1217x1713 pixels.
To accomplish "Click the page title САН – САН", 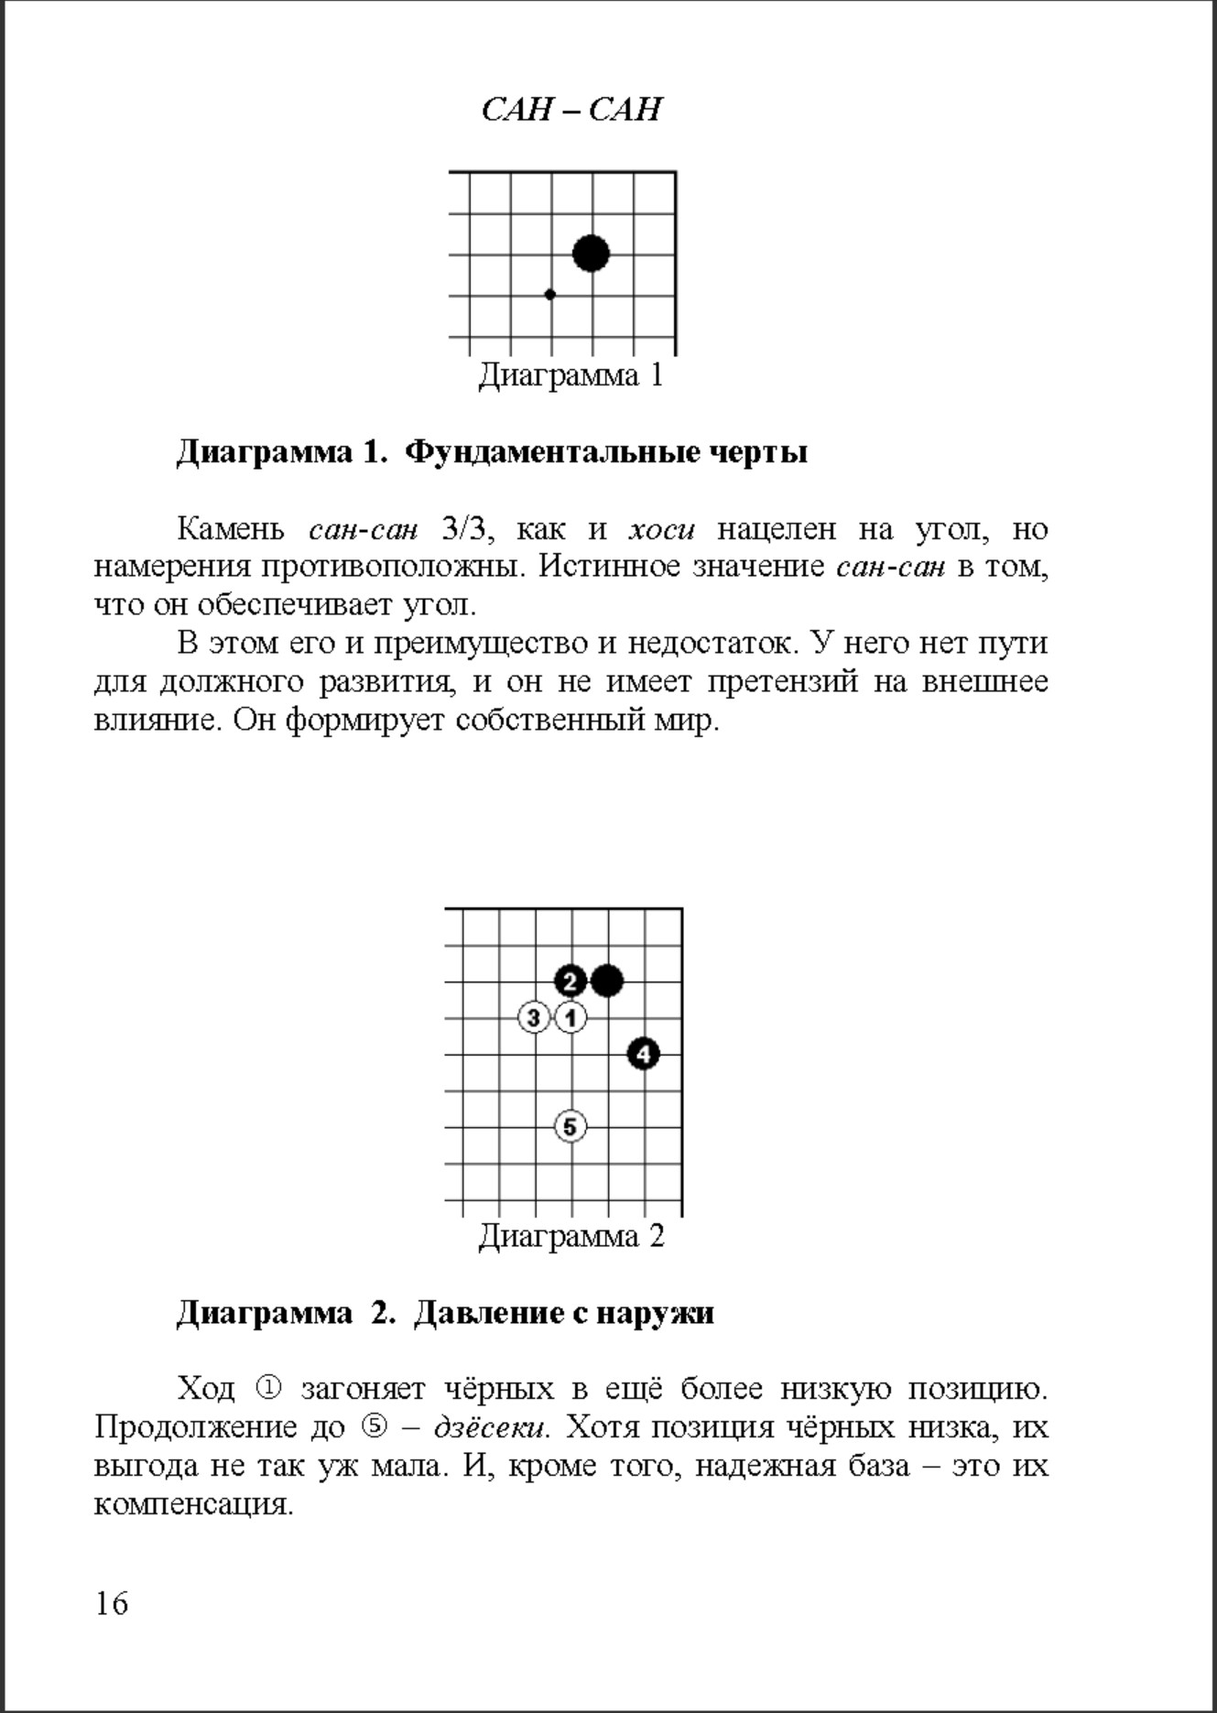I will coord(570,110).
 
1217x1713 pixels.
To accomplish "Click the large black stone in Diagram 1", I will coord(592,254).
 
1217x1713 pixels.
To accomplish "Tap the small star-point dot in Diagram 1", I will coord(549,295).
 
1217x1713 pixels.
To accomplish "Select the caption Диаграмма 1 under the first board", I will coord(570,375).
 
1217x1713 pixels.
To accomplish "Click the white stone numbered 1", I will coord(570,1017).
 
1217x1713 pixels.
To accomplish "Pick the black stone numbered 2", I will coord(570,981).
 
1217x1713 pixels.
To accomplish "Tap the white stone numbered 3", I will coord(534,1017).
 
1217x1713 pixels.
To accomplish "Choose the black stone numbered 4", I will coord(644,1054).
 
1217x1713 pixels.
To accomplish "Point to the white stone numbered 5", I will coord(570,1126).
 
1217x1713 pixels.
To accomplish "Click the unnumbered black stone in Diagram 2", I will coord(607,981).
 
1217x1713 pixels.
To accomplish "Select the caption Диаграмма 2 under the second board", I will coord(570,1236).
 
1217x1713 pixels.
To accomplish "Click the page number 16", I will coord(112,1603).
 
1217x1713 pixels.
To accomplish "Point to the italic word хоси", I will coord(661,529).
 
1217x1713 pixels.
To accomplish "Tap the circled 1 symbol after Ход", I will coord(267,1389).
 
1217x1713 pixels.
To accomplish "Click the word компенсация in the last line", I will coord(193,1504).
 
